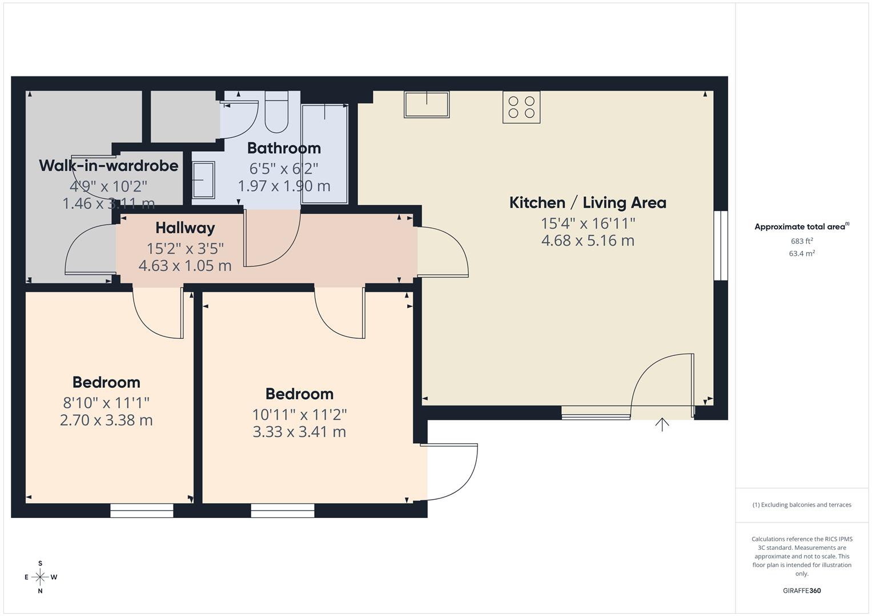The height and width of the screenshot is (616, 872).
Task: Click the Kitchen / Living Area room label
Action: pos(588,202)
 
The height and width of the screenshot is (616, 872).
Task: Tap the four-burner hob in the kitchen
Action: pos(521,107)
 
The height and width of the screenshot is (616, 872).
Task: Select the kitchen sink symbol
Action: pos(427,104)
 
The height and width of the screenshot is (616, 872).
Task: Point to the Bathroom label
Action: pos(284,148)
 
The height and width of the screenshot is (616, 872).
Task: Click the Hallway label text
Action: pos(185,228)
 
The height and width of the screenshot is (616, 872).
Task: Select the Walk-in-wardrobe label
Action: pos(109,166)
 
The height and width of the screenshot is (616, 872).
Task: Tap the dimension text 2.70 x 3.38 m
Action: pos(106,420)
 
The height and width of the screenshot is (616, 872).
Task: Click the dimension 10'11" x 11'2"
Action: pos(300,414)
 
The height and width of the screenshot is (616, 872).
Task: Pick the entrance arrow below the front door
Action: pos(662,424)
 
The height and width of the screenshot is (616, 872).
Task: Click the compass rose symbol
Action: pos(40,577)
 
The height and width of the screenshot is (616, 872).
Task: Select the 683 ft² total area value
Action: pos(802,241)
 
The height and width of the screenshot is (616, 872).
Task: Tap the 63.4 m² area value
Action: pos(802,254)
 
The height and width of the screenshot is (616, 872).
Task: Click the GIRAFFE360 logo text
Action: pos(802,590)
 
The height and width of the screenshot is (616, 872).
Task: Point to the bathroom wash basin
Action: pos(204,180)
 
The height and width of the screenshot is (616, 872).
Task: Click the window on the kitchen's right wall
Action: pos(721,245)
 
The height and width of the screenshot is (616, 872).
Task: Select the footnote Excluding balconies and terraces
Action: pos(802,505)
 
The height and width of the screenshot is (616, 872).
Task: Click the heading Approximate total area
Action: pos(801,227)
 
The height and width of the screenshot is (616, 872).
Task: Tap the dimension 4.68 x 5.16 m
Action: pos(588,241)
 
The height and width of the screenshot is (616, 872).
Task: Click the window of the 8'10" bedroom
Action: pos(142,510)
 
